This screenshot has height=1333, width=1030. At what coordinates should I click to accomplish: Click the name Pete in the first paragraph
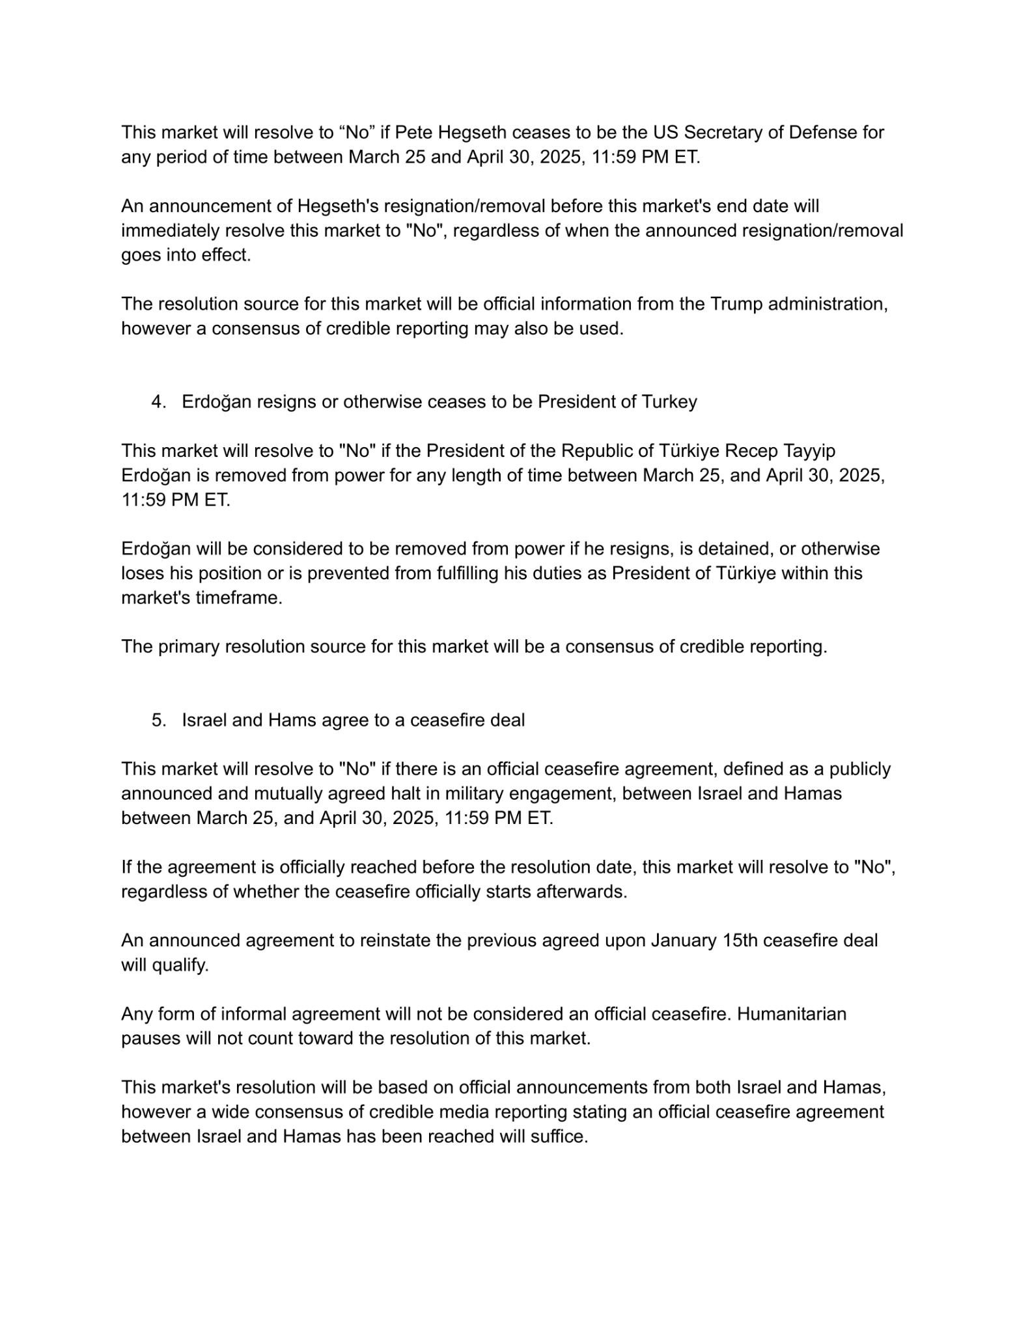(414, 133)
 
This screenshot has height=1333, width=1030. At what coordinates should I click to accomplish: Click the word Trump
(736, 305)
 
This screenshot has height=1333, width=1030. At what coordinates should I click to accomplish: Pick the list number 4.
(158, 402)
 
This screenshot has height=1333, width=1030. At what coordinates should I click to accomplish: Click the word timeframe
(239, 598)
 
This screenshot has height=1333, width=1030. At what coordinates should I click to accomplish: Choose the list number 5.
(158, 721)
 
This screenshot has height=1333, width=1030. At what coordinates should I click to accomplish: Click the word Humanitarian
(792, 1014)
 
